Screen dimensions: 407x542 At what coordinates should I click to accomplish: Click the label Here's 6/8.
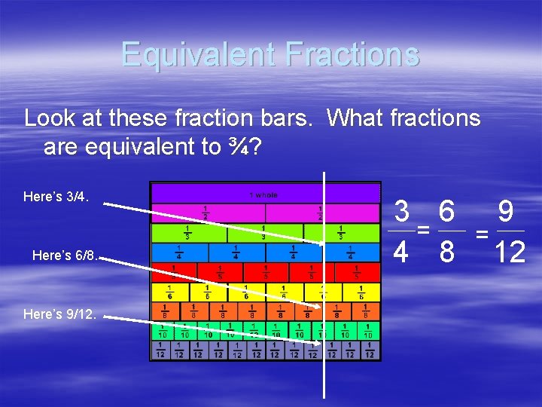[65, 256]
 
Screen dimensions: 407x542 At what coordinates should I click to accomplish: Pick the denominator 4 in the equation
[402, 252]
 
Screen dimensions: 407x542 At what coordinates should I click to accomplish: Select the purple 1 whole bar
[265, 194]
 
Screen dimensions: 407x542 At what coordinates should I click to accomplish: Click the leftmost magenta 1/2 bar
[208, 213]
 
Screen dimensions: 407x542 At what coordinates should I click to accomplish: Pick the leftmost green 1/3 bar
[189, 233]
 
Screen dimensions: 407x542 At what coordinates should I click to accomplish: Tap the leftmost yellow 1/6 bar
[170, 292]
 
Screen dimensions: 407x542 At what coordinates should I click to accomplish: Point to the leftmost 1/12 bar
[160, 350]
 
